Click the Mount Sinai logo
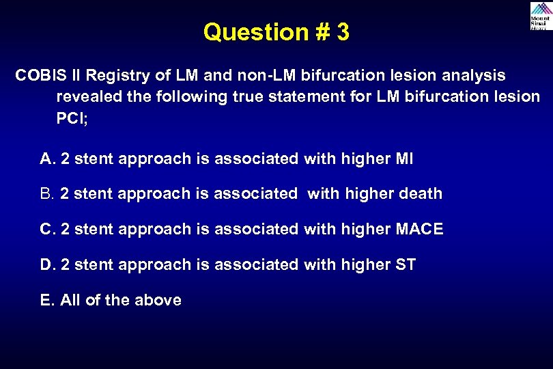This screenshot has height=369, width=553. click(x=539, y=16)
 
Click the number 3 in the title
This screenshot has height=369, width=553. click(x=342, y=32)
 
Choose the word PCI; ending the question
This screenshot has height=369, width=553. click(x=72, y=118)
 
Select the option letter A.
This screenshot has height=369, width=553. click(x=47, y=159)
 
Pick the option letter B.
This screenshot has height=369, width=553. click(x=47, y=194)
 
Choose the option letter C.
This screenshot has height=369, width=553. click(x=47, y=230)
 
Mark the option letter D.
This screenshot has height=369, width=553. click(x=47, y=264)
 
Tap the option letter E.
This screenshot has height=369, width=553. click(x=46, y=300)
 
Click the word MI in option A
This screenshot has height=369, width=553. click(x=404, y=159)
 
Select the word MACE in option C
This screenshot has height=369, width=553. click(x=419, y=230)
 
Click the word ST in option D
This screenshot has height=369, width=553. click(x=406, y=264)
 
